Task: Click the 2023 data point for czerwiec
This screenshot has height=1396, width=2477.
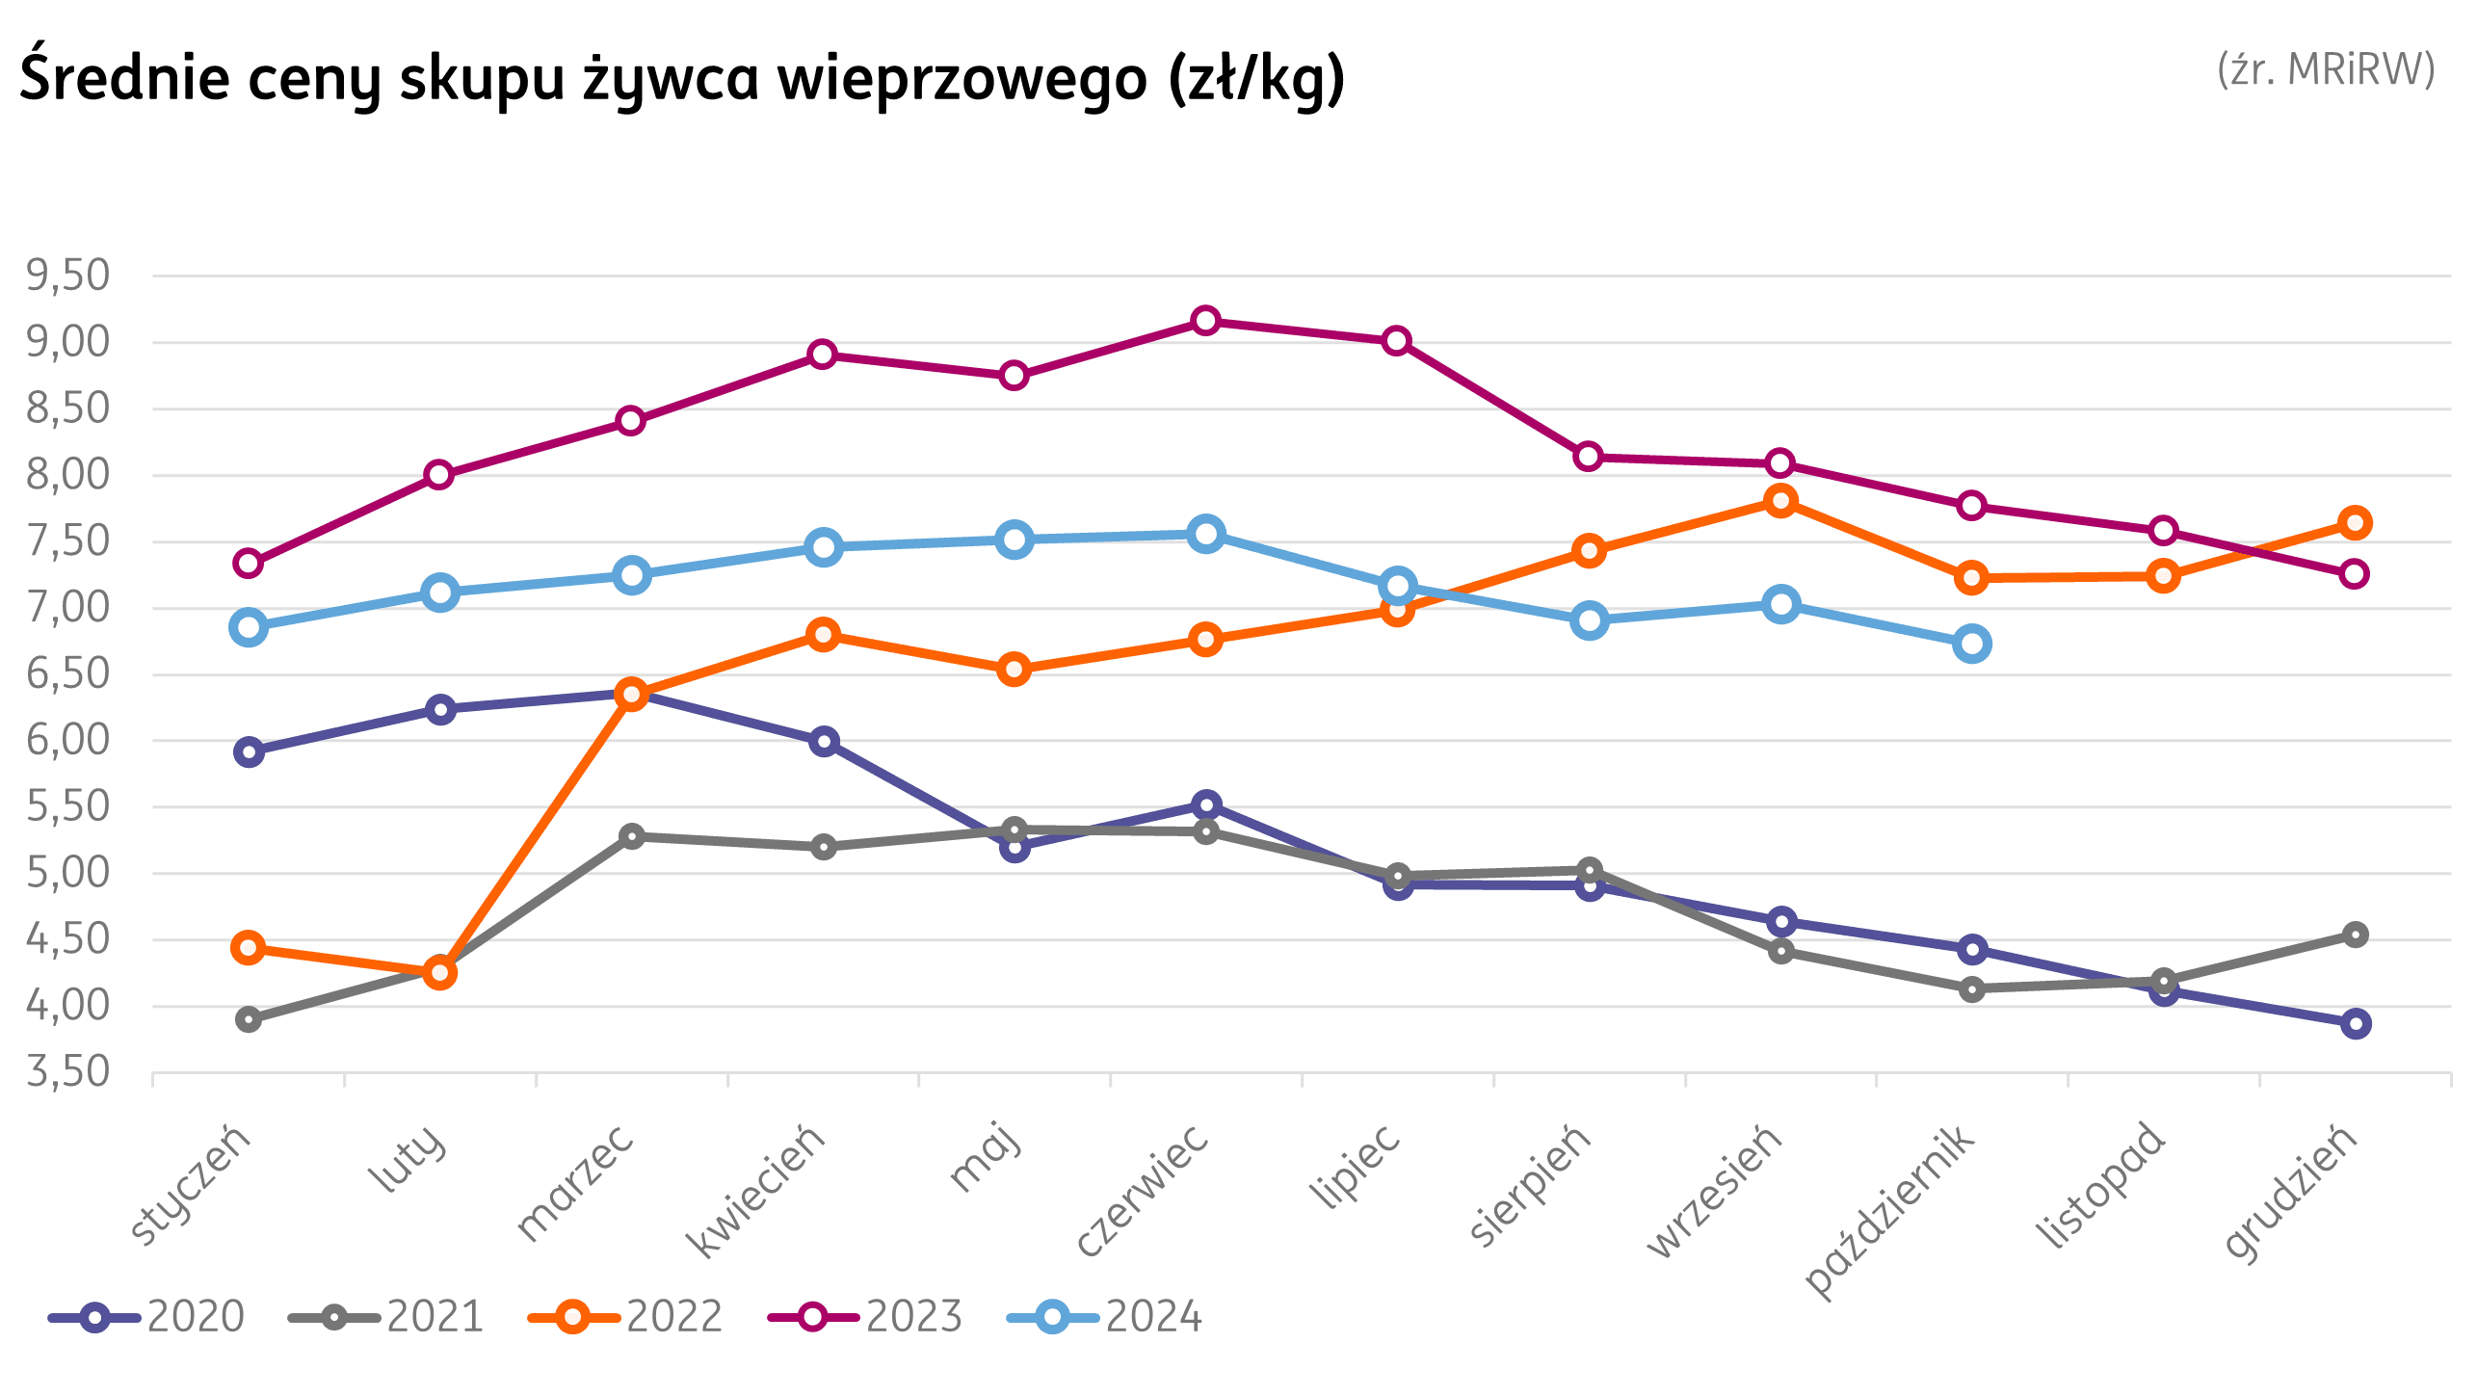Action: click(1205, 321)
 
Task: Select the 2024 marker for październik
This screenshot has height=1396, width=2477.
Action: click(1972, 644)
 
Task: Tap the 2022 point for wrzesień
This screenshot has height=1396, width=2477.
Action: click(1780, 500)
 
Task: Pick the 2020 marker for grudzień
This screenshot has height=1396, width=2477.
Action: click(2356, 1023)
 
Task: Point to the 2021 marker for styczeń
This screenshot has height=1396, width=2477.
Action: click(249, 1019)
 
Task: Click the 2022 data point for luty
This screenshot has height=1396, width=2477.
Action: click(440, 973)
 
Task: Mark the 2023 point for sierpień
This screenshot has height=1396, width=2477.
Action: click(1589, 456)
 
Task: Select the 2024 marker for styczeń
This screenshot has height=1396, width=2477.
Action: click(249, 627)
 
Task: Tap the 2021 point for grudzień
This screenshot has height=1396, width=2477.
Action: click(2356, 935)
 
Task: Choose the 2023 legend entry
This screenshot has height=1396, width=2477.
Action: click(865, 1317)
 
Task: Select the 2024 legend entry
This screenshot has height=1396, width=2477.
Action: click(1104, 1317)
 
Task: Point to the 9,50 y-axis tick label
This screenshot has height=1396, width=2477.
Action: click(68, 276)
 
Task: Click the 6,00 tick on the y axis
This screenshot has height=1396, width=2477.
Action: click(68, 740)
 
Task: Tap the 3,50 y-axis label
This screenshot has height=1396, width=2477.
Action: click(68, 1071)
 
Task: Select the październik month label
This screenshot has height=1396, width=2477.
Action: click(1890, 1209)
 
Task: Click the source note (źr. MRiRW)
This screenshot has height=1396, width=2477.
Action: click(2326, 69)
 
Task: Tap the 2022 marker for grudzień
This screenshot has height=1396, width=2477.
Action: click(2356, 523)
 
